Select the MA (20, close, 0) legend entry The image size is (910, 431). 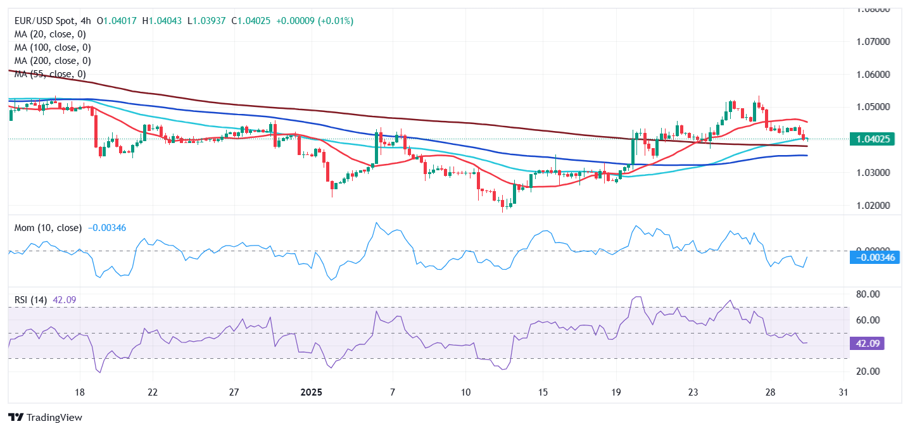pos(50,34)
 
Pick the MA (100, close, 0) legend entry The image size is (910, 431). pos(53,47)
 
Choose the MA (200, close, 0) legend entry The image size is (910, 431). pos(53,61)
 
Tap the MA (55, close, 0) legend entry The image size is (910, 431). pos(50,74)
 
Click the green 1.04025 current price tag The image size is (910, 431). pos(873,139)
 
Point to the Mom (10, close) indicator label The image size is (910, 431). pos(48,228)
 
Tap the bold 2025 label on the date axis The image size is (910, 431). pos(311,392)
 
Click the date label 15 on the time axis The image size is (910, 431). pos(543,392)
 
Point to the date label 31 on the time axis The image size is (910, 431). pos(842,392)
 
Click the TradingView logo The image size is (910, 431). pos(45,418)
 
